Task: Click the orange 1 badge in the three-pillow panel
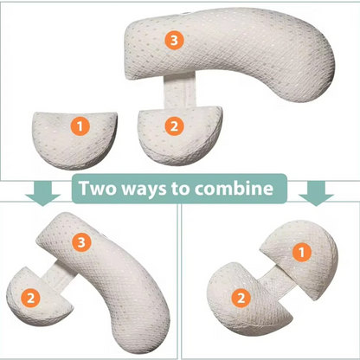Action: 80,127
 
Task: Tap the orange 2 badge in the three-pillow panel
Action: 175,126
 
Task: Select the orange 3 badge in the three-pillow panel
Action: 176,41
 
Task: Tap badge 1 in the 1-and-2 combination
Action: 302,252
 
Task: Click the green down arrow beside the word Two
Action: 37,192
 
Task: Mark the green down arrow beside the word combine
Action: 319,192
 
